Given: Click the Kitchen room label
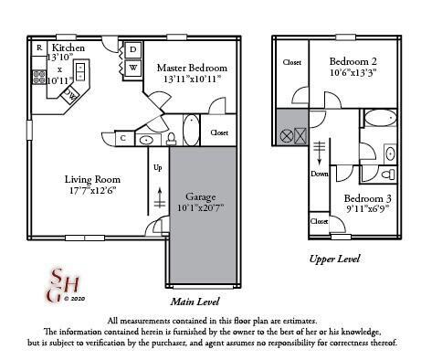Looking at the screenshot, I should tap(68, 48).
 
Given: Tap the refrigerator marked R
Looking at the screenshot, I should tap(39, 48).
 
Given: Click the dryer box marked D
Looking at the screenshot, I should tap(132, 49).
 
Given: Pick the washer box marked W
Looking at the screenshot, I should tap(132, 68).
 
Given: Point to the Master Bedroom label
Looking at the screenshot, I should tap(192, 68).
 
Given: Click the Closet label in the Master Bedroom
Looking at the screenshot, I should tap(219, 132).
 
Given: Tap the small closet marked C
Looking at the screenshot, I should tap(123, 138).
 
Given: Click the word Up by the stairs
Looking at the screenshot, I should tap(157, 167).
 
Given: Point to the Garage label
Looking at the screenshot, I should tap(200, 196).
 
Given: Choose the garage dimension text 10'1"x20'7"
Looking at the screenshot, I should tap(200, 209).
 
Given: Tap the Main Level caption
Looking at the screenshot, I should tap(195, 301).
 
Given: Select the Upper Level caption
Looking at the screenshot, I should tap(335, 259).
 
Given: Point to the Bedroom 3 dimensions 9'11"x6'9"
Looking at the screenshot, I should tap(368, 210).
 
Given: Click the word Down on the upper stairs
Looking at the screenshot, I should tap(320, 174).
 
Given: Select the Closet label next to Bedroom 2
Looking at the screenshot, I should tap(292, 63).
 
